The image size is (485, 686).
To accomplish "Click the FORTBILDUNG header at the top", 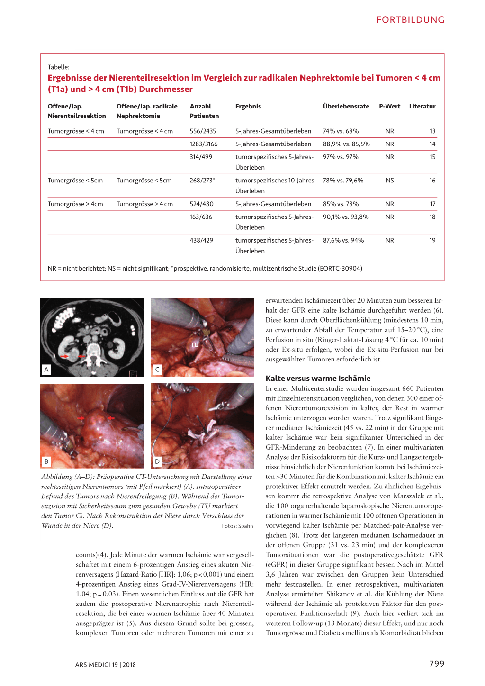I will point(410,20).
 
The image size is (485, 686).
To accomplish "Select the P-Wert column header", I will point(389,107).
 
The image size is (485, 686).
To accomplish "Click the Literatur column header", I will point(422,107).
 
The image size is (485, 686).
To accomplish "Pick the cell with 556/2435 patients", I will point(203,131).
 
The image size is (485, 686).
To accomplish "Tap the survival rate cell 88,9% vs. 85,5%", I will point(346,144).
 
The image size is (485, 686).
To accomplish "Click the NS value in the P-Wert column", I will point(389,181).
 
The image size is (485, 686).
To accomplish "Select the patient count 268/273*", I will point(202,181).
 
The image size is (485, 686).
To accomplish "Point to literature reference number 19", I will point(432,241).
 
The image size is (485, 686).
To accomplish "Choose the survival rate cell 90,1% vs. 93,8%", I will point(346,217).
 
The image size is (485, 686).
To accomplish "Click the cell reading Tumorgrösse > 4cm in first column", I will point(75,204).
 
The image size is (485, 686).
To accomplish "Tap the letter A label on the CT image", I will point(46,370).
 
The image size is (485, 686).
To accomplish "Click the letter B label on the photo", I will point(46,461).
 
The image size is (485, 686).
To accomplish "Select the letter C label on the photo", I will point(157,370).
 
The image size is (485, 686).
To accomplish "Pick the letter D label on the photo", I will point(157,461).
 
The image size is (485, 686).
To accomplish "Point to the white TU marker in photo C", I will point(195,345).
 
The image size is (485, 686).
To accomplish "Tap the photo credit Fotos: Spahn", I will point(237,526).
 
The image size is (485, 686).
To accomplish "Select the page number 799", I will point(437,664).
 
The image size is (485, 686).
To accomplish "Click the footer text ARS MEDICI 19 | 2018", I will point(105,665).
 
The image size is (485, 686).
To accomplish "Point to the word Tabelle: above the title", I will point(58,67).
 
